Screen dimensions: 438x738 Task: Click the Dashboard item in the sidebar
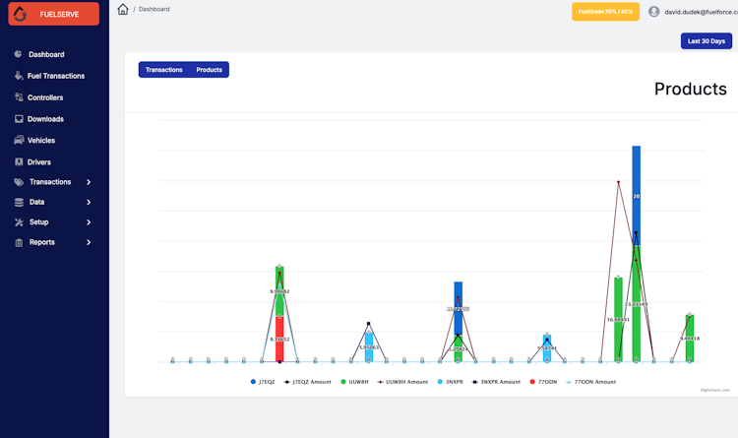coord(45,54)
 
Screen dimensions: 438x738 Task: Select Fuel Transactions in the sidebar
coord(56,76)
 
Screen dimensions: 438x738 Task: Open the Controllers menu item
coord(45,97)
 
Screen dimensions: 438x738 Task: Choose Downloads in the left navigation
coord(45,119)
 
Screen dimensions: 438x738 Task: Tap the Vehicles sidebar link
coord(41,141)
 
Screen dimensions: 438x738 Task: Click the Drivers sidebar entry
coord(39,162)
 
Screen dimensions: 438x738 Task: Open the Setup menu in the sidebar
coord(38,222)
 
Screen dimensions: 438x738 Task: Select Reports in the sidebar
coord(41,242)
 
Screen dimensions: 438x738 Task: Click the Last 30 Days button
coord(706,41)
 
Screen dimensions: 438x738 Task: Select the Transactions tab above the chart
coord(164,70)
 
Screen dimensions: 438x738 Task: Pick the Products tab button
coord(209,70)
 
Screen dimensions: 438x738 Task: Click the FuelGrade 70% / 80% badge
coord(605,12)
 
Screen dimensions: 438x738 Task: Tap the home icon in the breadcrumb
coord(123,9)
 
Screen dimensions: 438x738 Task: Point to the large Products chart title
coord(690,89)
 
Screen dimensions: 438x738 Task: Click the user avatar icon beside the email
coord(654,12)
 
